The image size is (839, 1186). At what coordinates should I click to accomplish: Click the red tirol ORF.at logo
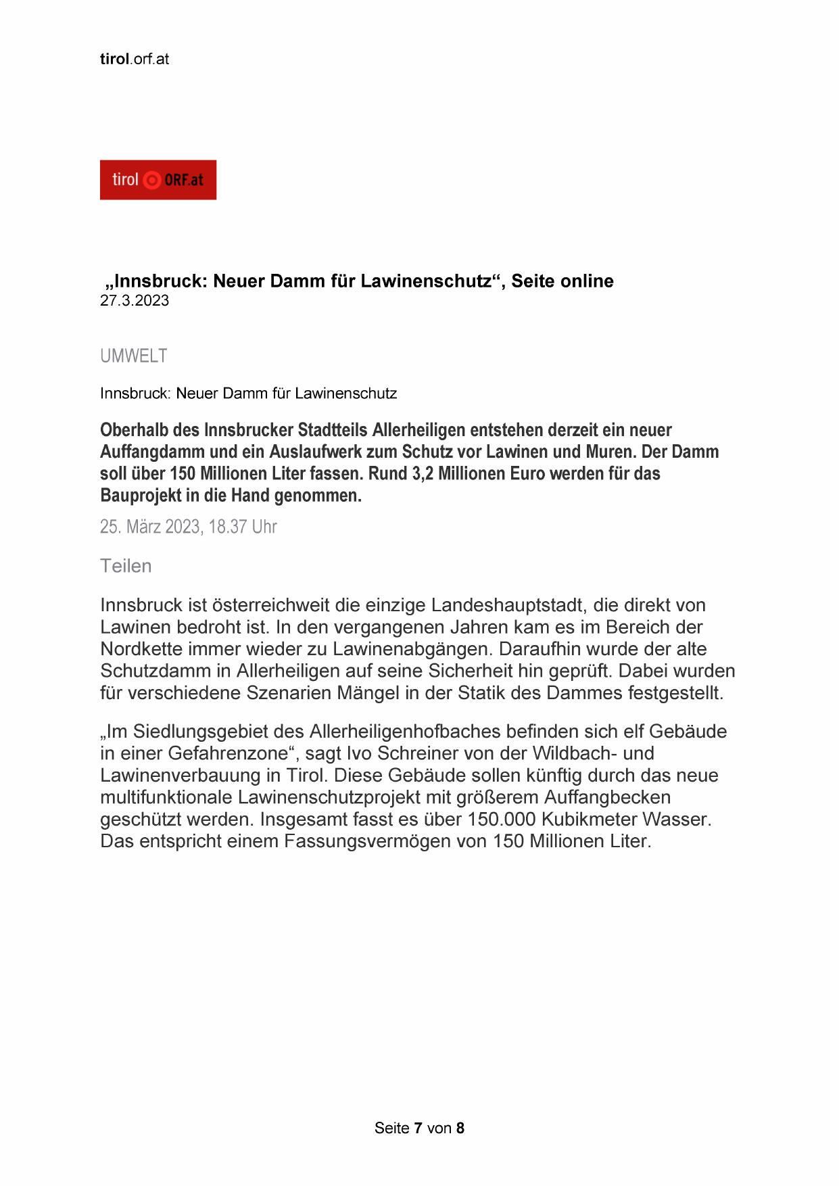[158, 180]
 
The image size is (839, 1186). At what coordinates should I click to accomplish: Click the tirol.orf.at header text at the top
[134, 59]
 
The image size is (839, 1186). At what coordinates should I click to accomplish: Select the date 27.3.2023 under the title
[134, 301]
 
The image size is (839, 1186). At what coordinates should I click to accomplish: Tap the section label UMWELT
[133, 356]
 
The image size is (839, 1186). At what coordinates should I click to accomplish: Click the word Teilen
[126, 566]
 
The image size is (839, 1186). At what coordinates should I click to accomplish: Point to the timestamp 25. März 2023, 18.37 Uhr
[188, 527]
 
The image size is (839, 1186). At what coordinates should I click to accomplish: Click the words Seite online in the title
[562, 281]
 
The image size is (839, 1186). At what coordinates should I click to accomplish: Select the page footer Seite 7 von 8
[419, 1128]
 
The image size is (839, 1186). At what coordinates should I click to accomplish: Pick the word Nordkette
[141, 649]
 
